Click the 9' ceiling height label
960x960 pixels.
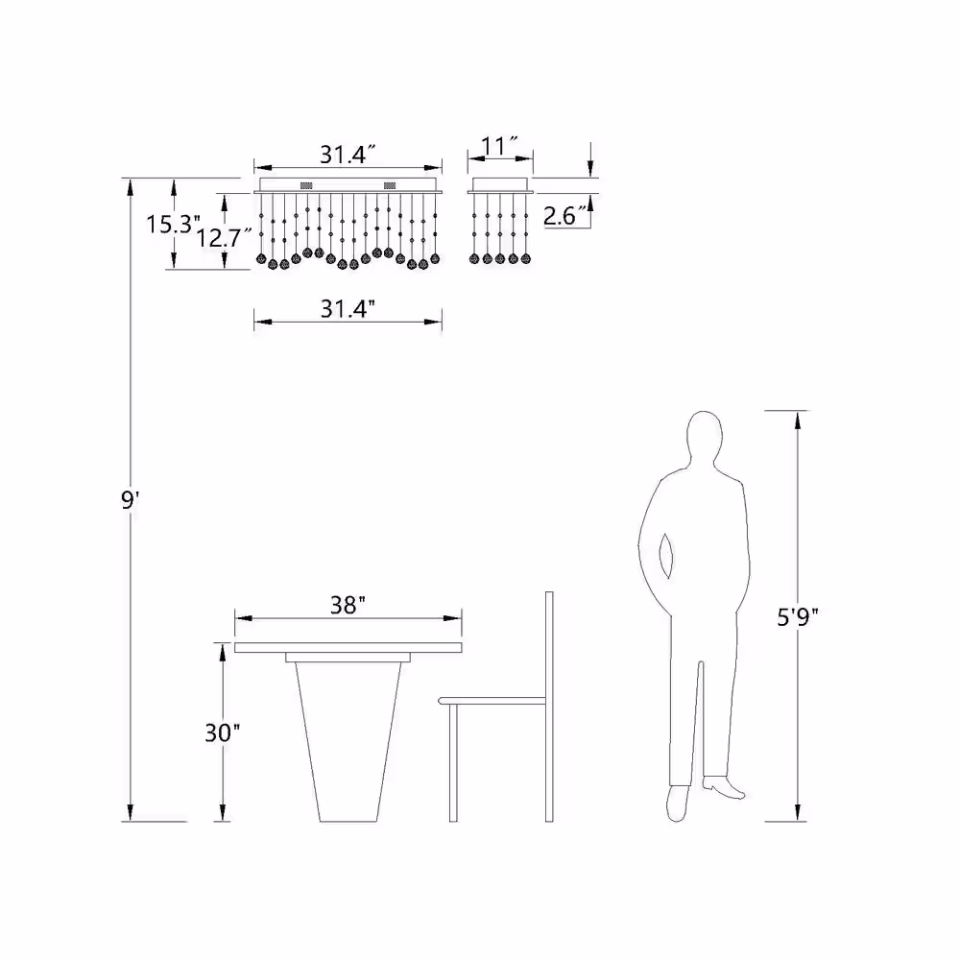coord(131,500)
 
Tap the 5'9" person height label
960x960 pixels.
coord(797,617)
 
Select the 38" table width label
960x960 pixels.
coord(348,605)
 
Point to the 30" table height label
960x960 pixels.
coord(223,732)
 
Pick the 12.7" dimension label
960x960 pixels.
coord(224,237)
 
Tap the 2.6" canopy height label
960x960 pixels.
coord(567,215)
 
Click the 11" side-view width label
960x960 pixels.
coord(499,146)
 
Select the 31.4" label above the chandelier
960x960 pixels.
coord(348,155)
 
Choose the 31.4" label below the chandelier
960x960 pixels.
coord(348,308)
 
